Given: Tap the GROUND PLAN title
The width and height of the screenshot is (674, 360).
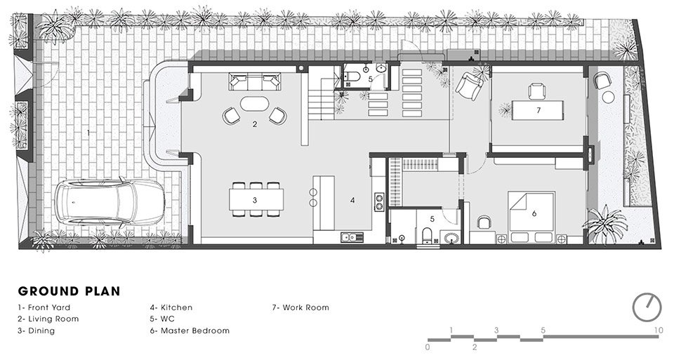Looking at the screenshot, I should click(x=69, y=291).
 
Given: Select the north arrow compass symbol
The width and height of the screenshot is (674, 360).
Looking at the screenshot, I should click(x=647, y=306).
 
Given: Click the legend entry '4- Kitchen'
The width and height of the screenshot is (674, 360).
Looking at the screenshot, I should click(x=171, y=307).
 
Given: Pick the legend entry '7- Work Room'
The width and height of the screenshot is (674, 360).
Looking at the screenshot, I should click(x=300, y=307).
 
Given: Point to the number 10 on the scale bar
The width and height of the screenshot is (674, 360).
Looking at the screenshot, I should click(x=658, y=330).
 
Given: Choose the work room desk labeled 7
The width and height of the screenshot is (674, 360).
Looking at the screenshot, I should click(x=538, y=110).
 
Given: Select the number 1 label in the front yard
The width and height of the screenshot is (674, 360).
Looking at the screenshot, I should click(x=88, y=132).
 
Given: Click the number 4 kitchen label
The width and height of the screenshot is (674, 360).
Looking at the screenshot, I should click(x=352, y=201).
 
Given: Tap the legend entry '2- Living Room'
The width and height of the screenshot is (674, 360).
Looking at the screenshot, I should click(x=48, y=319).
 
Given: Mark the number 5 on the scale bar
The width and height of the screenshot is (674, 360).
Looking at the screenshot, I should click(x=543, y=330).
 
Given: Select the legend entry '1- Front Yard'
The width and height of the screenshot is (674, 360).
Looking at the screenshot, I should click(x=44, y=307).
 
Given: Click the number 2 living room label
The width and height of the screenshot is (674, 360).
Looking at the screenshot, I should click(x=255, y=124).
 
